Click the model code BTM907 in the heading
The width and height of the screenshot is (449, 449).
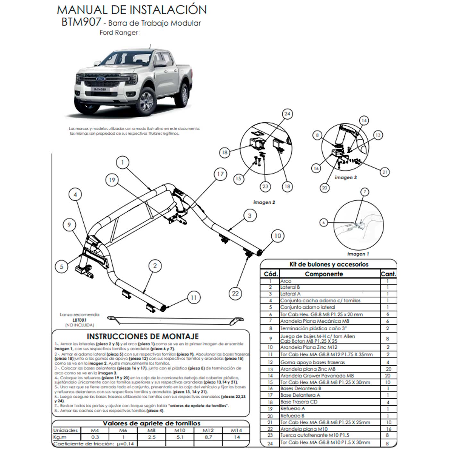[x=81, y=23]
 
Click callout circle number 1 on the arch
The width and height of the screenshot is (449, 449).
[x=122, y=163]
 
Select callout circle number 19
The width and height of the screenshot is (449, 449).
[x=112, y=180]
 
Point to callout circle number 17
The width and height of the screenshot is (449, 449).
[x=220, y=174]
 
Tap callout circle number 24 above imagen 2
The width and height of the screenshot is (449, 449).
[x=287, y=114]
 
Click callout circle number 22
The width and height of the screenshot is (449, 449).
[x=235, y=293]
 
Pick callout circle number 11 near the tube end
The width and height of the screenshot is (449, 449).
[x=194, y=298]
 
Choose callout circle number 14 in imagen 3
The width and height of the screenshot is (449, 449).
[x=364, y=121]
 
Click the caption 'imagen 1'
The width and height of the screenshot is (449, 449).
[x=358, y=254]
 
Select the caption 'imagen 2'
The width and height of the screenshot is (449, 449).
[x=264, y=202]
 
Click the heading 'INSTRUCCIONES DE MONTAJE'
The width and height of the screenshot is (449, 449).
[x=143, y=336]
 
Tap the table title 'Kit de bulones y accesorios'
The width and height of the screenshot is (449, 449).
[x=329, y=264]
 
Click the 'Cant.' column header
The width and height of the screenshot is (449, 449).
[x=388, y=274]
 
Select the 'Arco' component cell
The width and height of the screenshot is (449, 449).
[x=286, y=281]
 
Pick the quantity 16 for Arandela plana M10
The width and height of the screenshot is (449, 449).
[x=388, y=429]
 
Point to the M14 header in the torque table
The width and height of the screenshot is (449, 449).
[x=237, y=430]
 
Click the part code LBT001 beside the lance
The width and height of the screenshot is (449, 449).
[x=79, y=320]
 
